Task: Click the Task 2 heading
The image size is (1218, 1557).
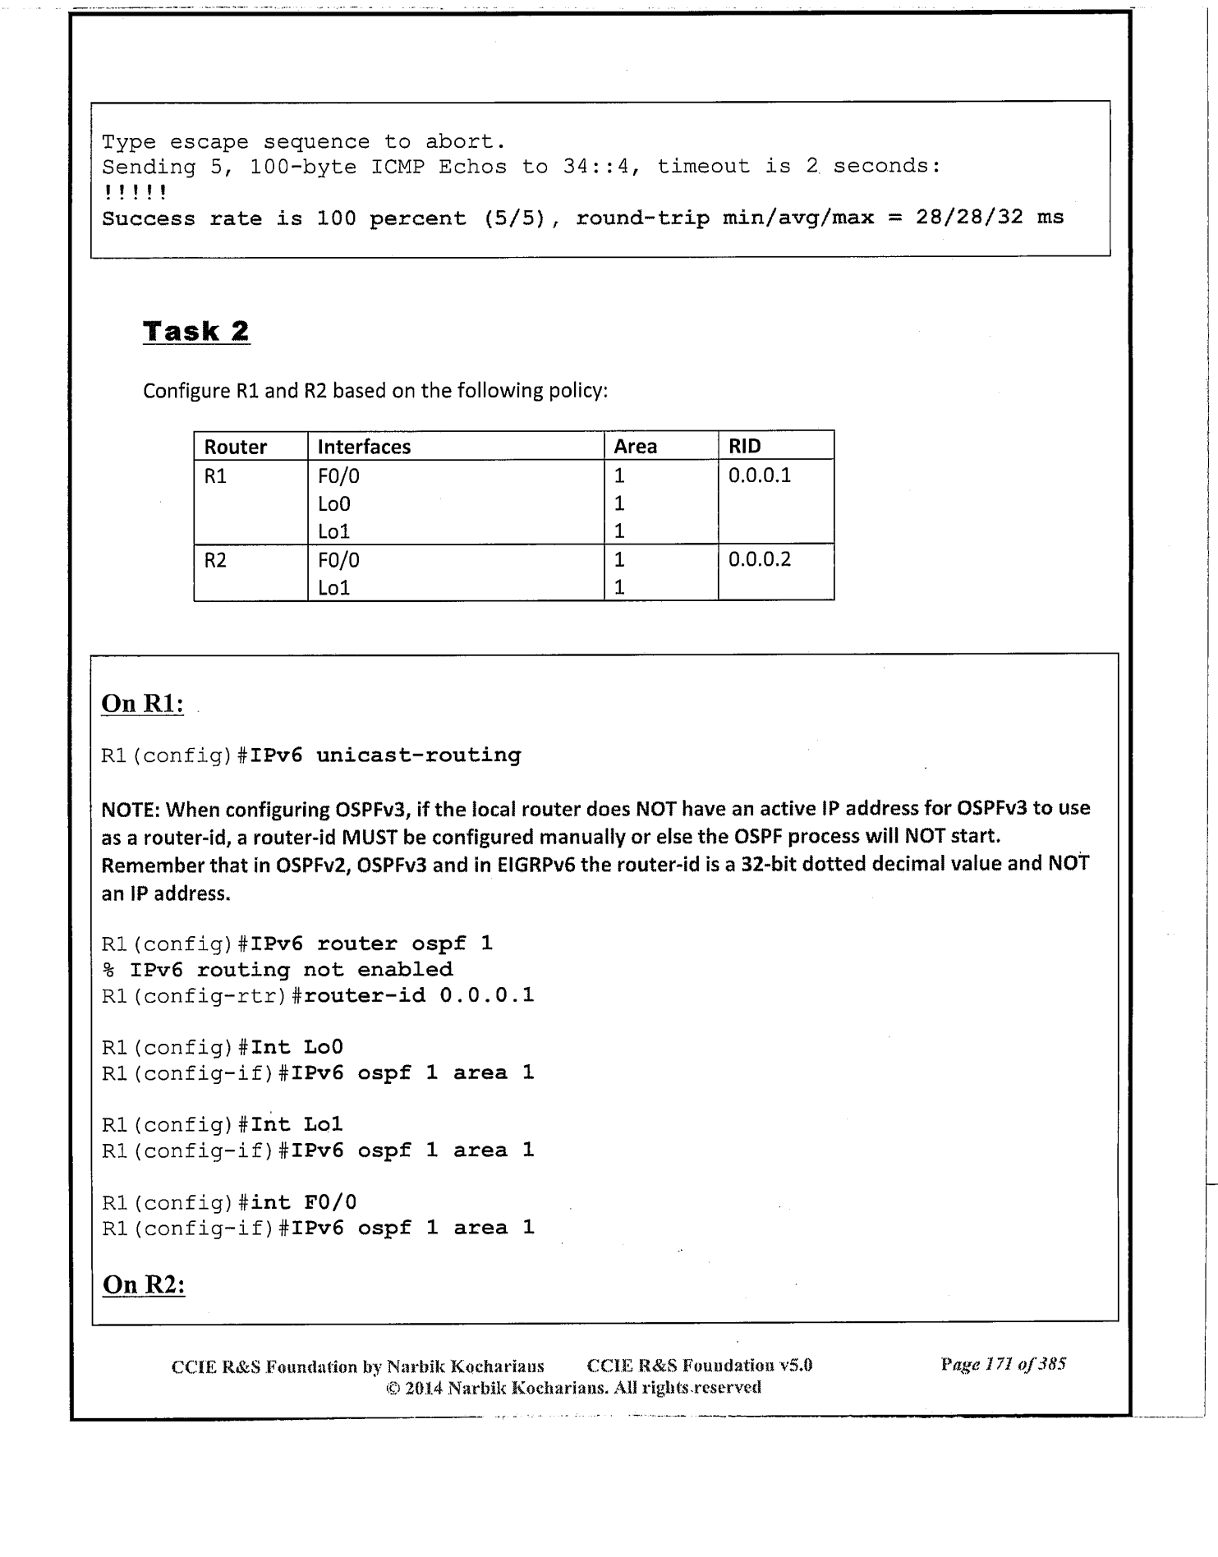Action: (196, 332)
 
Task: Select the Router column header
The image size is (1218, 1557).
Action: (235, 447)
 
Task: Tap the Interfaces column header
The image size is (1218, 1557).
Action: (364, 447)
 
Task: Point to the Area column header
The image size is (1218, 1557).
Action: (635, 447)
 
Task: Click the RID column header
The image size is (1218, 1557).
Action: (744, 447)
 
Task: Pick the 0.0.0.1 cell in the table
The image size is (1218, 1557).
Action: (759, 475)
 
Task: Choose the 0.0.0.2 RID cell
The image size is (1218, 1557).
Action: (759, 560)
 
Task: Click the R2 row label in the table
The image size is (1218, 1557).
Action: (215, 560)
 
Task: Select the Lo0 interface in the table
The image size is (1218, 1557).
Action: (333, 504)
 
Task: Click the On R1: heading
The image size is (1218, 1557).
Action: (142, 704)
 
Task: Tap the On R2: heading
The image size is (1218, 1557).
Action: (144, 1284)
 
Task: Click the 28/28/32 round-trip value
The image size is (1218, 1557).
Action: (969, 218)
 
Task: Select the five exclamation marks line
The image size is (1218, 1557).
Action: (135, 193)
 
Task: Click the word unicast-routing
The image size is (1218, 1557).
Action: (418, 756)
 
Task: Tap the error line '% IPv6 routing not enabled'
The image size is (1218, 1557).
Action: (277, 970)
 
